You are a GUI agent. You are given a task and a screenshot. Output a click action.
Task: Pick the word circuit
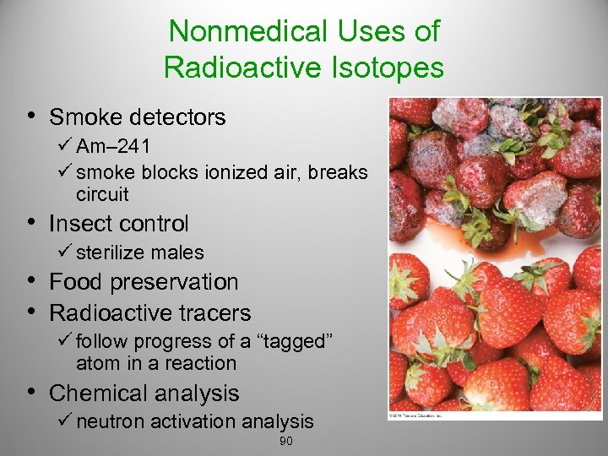102,194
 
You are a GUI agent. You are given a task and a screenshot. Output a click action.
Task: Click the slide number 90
285,442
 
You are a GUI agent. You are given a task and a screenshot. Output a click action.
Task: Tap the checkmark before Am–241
67,146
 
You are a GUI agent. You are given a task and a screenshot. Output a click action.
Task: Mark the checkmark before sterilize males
67,252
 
